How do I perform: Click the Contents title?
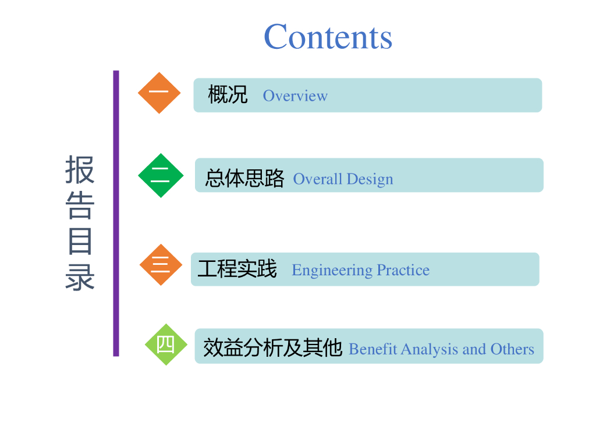(x=328, y=37)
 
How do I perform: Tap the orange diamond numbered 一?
(x=159, y=93)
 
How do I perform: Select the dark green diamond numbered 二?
(x=161, y=175)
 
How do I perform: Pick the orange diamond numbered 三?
(x=161, y=265)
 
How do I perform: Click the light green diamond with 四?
(x=166, y=345)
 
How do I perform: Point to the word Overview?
(x=295, y=96)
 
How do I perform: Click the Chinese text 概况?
(x=228, y=94)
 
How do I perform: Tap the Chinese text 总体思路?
(x=245, y=178)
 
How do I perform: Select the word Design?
(x=370, y=179)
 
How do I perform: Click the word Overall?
(x=318, y=179)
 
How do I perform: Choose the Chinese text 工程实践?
(x=237, y=269)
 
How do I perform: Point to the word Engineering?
(x=332, y=271)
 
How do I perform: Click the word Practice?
(x=403, y=270)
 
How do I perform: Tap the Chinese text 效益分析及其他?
(x=272, y=347)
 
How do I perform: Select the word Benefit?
(x=373, y=349)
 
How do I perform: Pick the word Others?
(x=512, y=349)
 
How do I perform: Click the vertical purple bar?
(x=116, y=213)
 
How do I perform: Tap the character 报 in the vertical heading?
(x=80, y=169)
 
